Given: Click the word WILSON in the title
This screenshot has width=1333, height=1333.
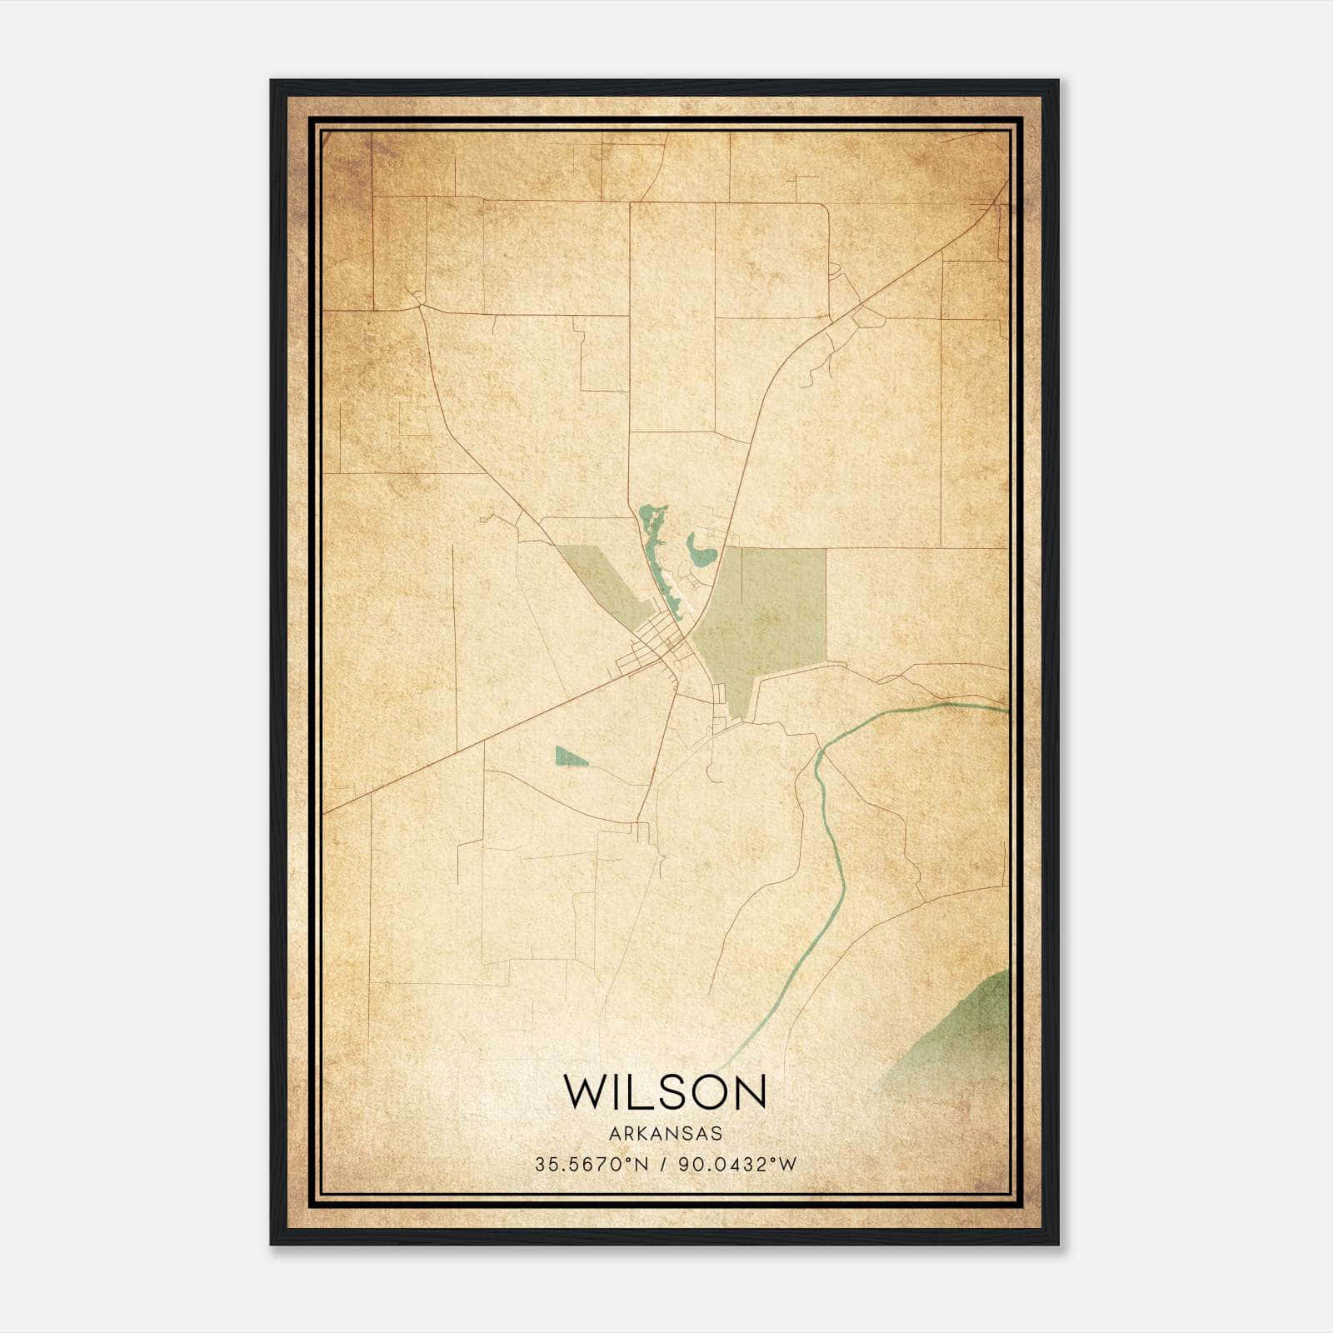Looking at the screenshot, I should point(665,1091).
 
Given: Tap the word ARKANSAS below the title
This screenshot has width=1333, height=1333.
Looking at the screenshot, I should point(666,1134).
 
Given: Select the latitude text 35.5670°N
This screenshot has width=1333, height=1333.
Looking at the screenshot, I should point(592,1165).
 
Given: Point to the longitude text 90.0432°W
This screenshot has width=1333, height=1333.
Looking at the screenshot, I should point(737,1165).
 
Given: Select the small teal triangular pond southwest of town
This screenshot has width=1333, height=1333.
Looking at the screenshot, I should point(569,756).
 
